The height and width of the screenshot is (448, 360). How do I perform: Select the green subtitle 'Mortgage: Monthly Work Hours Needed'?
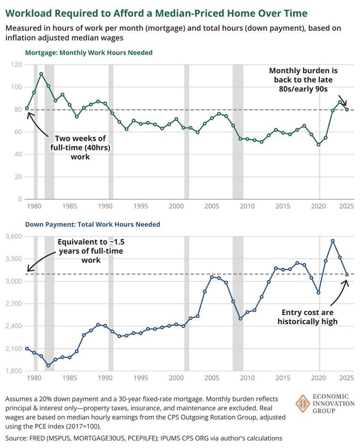point(79,53)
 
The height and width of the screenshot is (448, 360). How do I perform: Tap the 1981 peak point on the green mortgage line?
point(41,74)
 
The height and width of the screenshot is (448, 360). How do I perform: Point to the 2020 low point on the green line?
point(318,144)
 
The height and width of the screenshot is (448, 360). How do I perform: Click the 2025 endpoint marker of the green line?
point(346,110)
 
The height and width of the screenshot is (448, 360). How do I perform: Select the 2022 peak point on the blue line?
point(332,241)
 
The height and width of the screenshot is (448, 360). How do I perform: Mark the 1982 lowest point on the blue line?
point(48,365)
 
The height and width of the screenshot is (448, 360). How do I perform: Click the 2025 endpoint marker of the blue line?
point(346,274)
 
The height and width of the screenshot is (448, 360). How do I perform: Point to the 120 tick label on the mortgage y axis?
point(16,64)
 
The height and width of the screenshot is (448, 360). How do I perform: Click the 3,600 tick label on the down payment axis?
point(14,237)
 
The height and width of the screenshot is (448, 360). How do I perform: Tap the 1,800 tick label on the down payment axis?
point(14,371)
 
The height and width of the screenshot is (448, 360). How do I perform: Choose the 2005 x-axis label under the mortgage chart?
point(212,206)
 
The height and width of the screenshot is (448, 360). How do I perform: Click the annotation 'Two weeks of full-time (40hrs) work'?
point(80,147)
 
